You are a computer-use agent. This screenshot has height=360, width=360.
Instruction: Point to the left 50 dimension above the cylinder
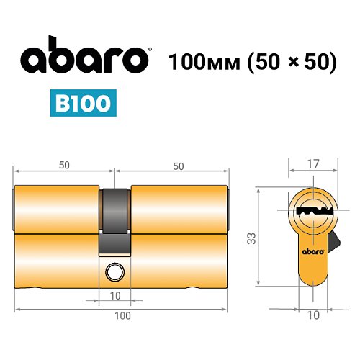pyautogui.click(x=64, y=165)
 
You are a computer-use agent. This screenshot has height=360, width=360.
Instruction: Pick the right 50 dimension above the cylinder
pyautogui.click(x=178, y=165)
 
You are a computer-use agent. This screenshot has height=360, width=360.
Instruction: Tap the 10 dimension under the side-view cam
pyautogui.click(x=115, y=295)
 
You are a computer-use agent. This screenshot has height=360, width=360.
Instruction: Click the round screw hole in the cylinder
pyautogui.click(x=113, y=272)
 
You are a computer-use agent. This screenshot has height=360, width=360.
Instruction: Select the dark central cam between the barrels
pyautogui.click(x=114, y=216)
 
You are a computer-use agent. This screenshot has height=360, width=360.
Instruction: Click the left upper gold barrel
pyautogui.click(x=56, y=209)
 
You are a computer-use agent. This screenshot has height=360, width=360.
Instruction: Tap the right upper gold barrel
pyautogui.click(x=179, y=209)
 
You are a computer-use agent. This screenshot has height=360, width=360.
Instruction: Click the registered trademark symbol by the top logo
pyautogui.click(x=149, y=50)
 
